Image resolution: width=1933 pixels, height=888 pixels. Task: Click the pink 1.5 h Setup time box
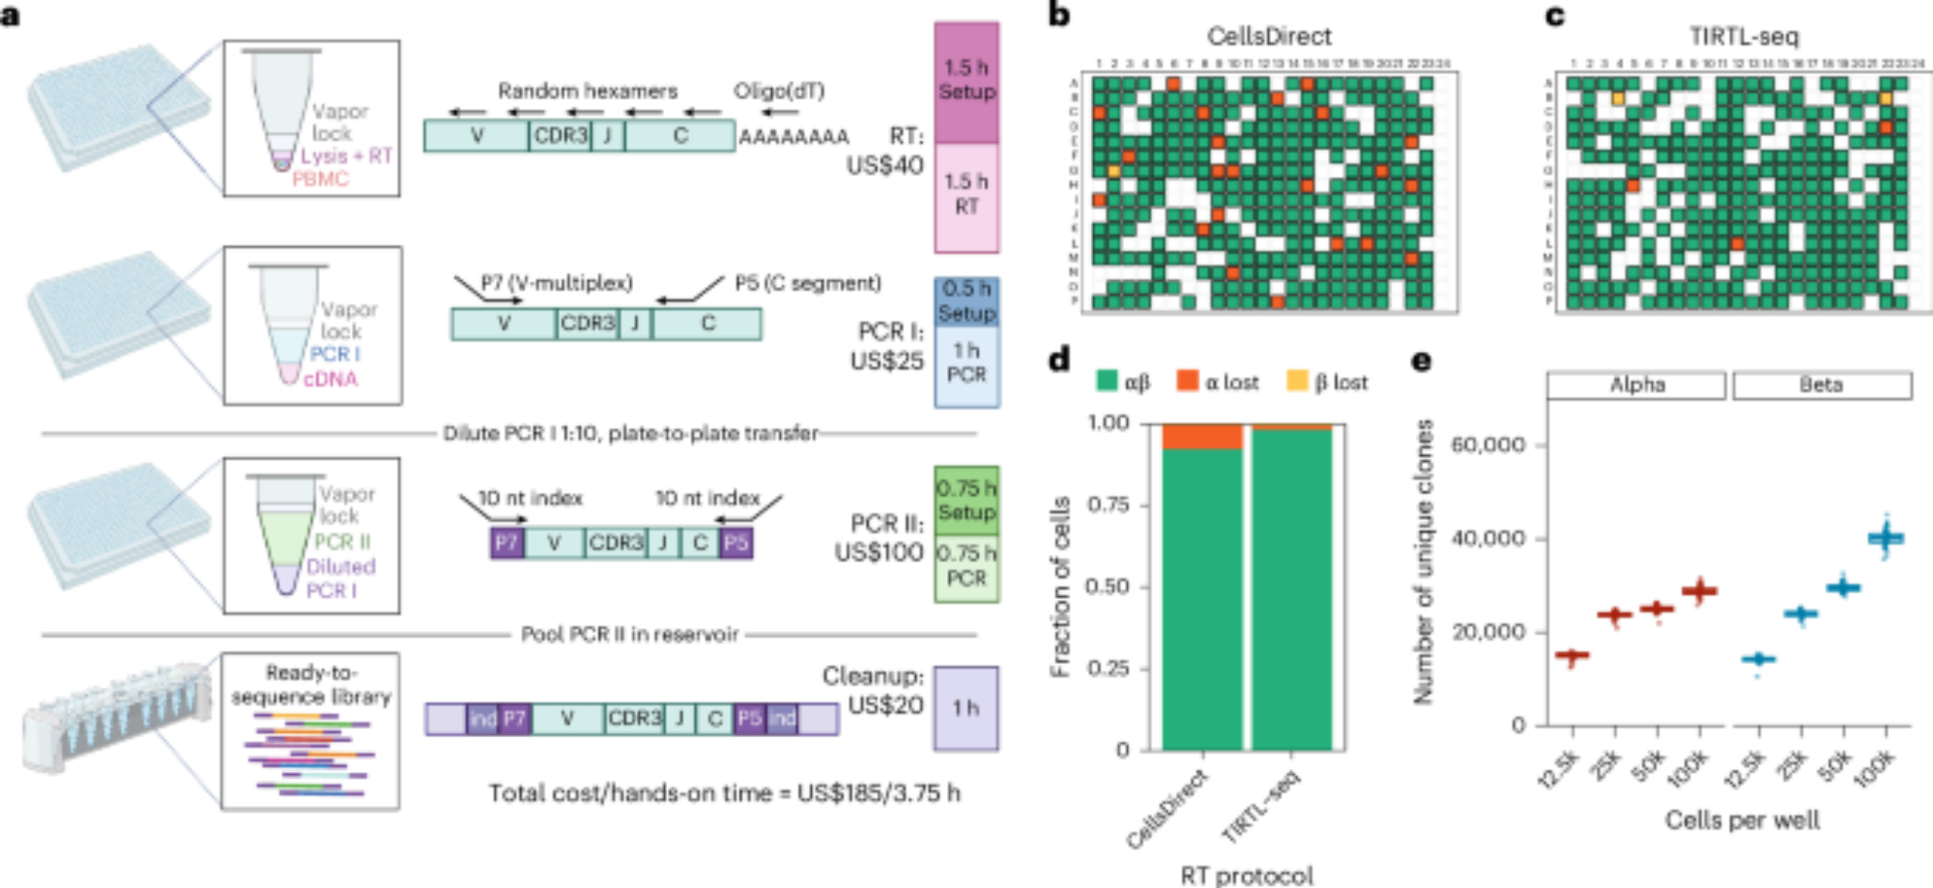tap(966, 82)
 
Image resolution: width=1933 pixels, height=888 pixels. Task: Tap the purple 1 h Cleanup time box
tap(966, 708)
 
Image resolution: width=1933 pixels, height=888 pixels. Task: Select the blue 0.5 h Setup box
tap(966, 301)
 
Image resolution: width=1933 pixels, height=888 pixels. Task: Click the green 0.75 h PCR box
tap(966, 566)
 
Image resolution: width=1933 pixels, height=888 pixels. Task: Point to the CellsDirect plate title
tap(1268, 37)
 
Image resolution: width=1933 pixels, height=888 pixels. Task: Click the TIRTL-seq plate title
tap(1744, 37)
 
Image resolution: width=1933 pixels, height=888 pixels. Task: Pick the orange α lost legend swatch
tap(1187, 381)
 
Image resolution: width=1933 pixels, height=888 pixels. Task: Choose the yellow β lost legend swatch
tap(1296, 381)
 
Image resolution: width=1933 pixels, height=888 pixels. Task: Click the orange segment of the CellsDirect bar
tap(1202, 437)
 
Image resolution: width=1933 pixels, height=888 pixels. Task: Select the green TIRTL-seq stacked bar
tap(1292, 589)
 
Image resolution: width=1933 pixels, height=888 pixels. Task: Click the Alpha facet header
tap(1636, 385)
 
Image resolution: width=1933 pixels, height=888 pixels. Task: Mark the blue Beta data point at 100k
tap(1886, 538)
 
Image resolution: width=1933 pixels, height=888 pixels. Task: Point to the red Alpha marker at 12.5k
tap(1572, 656)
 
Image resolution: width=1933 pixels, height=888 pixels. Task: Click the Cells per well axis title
tap(1742, 820)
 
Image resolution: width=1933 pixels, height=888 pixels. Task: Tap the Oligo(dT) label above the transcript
tap(779, 91)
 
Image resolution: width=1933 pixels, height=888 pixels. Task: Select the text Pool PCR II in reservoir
tap(629, 635)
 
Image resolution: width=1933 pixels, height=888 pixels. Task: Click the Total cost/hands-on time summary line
tap(724, 793)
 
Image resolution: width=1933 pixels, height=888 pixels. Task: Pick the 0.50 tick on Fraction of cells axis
tap(1108, 587)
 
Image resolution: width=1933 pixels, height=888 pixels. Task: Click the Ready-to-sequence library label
tap(311, 684)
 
